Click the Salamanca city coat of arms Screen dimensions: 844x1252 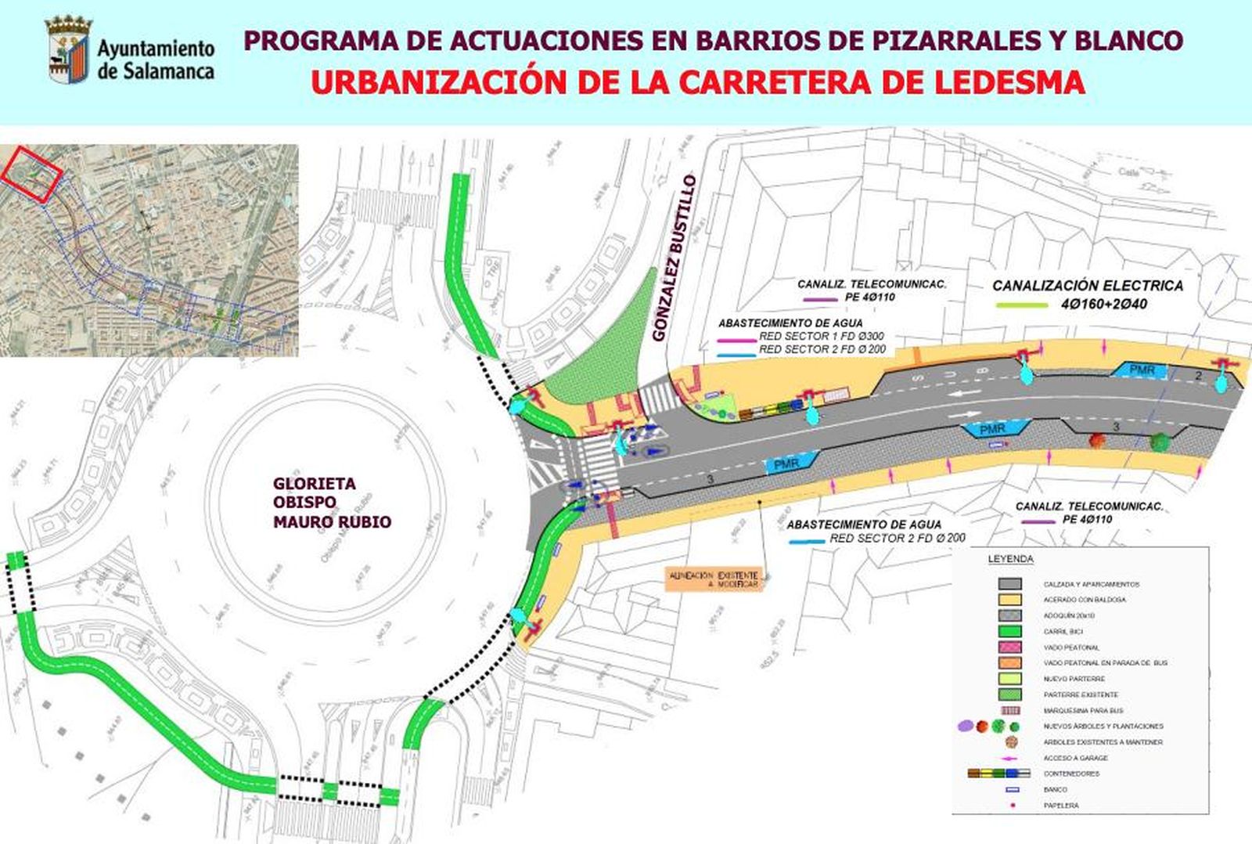(x=68, y=51)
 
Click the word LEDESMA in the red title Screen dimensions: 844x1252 (x=1009, y=82)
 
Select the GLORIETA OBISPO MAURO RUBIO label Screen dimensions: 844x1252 (x=331, y=503)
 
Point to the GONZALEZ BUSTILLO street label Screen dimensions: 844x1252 (x=674, y=258)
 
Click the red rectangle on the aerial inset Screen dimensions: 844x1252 (x=31, y=173)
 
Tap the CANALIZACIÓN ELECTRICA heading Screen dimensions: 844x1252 (x=1088, y=286)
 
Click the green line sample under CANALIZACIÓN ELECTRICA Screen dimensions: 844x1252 (x=1022, y=305)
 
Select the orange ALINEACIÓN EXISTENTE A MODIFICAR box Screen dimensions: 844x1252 (x=713, y=579)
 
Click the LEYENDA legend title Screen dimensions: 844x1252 (x=1010, y=559)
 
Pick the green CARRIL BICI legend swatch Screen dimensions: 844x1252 (x=1009, y=631)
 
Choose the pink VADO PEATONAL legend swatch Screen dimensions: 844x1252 (x=1009, y=647)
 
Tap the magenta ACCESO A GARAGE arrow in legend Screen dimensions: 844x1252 (x=1009, y=758)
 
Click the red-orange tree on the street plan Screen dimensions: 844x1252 (x=1099, y=440)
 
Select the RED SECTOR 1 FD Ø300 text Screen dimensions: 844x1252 (x=821, y=337)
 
